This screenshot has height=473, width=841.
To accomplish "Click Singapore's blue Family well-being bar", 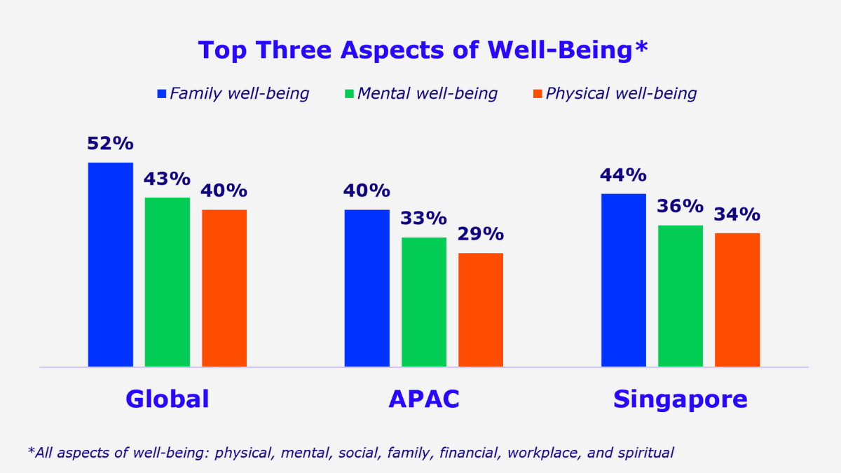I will tap(624, 280).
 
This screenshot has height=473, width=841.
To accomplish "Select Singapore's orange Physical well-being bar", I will tap(737, 299).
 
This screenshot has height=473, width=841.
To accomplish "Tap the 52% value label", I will tap(110, 144).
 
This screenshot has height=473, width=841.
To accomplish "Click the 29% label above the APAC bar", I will tap(481, 234).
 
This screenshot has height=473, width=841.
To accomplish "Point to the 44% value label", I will tap(623, 175).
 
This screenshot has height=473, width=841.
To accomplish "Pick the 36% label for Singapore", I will tap(680, 207).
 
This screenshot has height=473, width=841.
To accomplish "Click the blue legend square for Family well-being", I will tap(162, 93).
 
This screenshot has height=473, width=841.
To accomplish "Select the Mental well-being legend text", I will tap(428, 93).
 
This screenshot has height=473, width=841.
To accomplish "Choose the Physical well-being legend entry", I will tap(621, 93).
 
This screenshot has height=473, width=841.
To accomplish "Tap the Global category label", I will tap(167, 399).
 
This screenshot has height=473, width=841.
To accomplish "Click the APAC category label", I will tap(424, 399).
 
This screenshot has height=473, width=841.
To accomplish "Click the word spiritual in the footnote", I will tap(645, 453).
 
